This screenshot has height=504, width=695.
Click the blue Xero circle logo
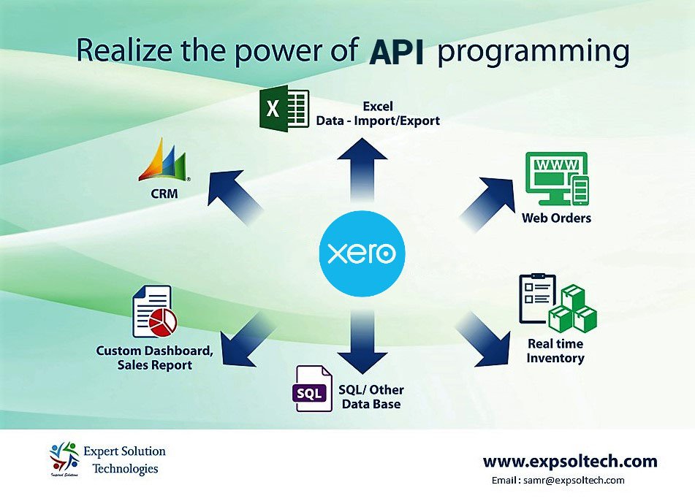tap(362, 253)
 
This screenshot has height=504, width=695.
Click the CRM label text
tap(164, 195)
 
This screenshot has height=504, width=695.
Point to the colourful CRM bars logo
tap(165, 161)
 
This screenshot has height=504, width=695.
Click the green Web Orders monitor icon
tap(557, 179)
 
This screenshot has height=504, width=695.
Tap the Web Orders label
tap(556, 218)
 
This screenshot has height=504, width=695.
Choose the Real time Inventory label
tap(555, 351)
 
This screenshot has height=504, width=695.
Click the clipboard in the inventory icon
tap(536, 299)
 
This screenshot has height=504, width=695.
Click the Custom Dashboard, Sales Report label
tap(155, 357)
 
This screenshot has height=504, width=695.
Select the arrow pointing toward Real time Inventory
tap(486, 340)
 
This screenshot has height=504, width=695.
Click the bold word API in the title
tap(396, 53)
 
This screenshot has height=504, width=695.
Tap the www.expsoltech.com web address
tap(570, 462)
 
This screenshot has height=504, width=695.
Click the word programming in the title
tap(533, 53)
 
